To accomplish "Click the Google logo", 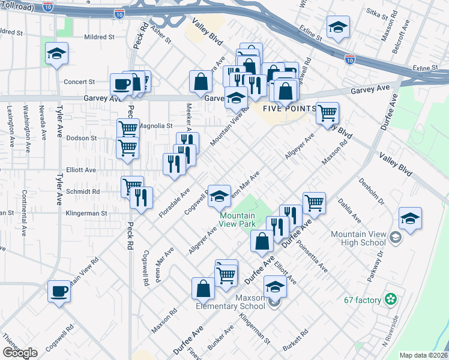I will point(19,353).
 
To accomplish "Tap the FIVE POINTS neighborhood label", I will point(289,109).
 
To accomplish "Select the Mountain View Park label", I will point(238,220).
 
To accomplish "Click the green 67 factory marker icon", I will point(391,299).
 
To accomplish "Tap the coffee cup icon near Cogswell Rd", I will point(59,292).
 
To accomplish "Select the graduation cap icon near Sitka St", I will point(339,27).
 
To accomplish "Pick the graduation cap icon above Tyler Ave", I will point(57,54).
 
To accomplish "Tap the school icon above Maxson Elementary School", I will point(275,286).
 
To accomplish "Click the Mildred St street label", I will point(99,37).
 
